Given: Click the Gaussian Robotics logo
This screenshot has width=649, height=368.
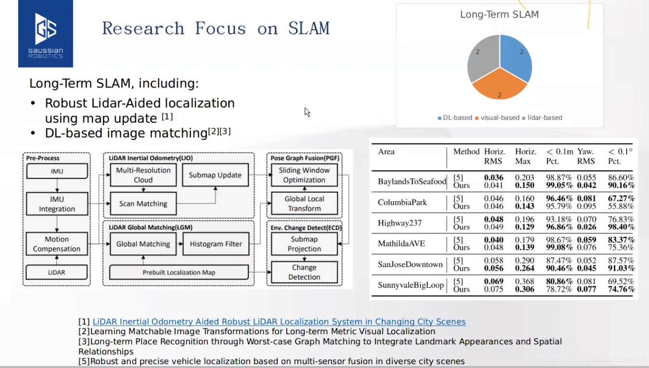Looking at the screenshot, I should click(x=45, y=34).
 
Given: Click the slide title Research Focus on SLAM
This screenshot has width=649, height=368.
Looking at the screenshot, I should click(x=216, y=28).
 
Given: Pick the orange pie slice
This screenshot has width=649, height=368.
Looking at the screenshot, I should click(x=500, y=87).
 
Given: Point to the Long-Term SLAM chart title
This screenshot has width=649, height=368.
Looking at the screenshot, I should click(x=499, y=14).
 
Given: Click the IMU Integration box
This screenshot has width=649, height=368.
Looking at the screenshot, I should click(x=57, y=204).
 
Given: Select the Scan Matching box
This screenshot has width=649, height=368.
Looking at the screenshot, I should click(x=143, y=204).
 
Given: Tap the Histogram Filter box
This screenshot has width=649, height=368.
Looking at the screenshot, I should click(x=216, y=244).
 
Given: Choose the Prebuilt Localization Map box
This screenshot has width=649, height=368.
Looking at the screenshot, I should click(x=178, y=272).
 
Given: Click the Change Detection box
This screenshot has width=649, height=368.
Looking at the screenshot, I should click(x=304, y=272).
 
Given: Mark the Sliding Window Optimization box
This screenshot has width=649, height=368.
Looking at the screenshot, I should click(x=304, y=175).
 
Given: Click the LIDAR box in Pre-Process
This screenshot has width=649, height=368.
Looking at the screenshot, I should click(x=57, y=272).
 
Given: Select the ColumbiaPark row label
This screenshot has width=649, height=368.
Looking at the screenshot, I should click(x=403, y=202).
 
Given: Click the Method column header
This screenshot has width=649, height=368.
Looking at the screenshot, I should click(x=466, y=152).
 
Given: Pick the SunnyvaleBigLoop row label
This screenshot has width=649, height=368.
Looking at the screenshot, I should click(x=411, y=285).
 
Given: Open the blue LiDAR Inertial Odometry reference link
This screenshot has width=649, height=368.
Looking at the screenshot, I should click(x=279, y=322).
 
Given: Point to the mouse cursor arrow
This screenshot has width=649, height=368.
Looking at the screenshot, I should click(x=307, y=112).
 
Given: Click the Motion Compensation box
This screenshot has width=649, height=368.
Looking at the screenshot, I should click(x=57, y=244).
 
